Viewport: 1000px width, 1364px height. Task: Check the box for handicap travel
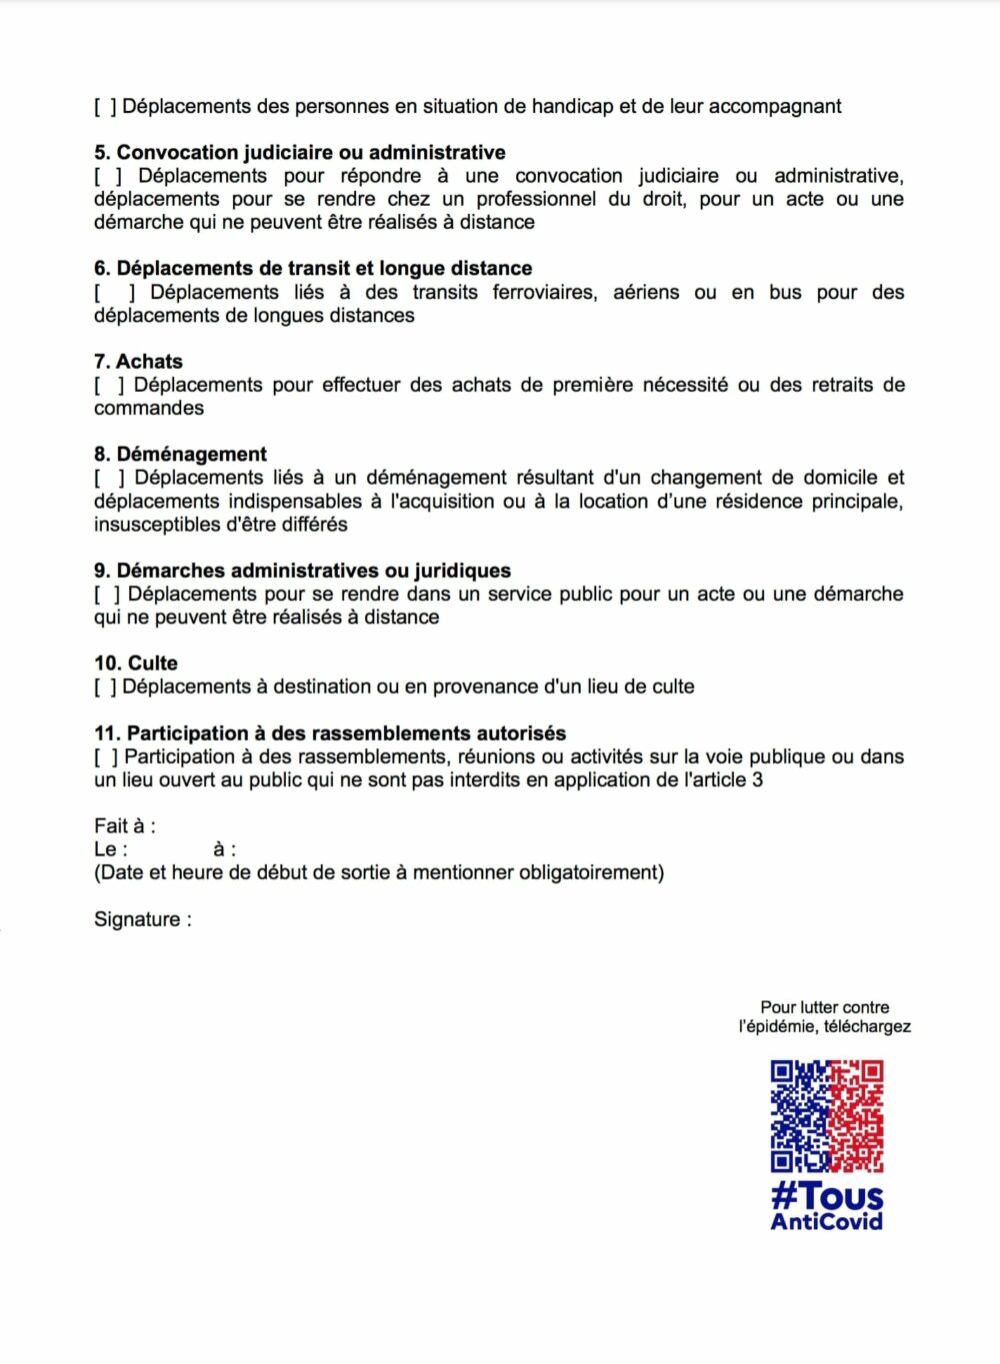pos(105,107)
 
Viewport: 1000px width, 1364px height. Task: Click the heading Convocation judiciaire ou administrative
pos(300,153)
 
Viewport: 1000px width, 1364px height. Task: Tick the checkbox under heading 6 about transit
pos(115,293)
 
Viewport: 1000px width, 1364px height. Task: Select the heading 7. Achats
pos(138,362)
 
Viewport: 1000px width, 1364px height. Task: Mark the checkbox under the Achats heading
pos(109,386)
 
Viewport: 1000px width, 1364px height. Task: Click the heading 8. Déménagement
pos(180,455)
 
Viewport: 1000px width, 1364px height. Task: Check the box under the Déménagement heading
pos(109,479)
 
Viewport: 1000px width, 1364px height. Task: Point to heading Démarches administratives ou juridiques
pos(302,571)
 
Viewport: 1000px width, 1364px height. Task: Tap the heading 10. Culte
pos(136,664)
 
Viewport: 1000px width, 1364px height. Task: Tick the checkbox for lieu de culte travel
pos(105,687)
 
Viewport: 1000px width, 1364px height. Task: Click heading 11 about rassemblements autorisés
pos(330,733)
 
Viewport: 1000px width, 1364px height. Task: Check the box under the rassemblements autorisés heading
pos(105,757)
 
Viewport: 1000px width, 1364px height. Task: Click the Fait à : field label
pos(125,826)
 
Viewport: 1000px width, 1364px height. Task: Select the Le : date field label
pos(111,850)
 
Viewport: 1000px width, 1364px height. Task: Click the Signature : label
pos(142,919)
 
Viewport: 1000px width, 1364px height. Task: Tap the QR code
pos(827,1116)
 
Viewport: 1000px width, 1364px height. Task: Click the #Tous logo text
pos(827,1196)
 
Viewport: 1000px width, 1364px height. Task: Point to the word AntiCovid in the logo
pos(827,1222)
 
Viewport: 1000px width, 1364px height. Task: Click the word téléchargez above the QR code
pos(866,1027)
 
